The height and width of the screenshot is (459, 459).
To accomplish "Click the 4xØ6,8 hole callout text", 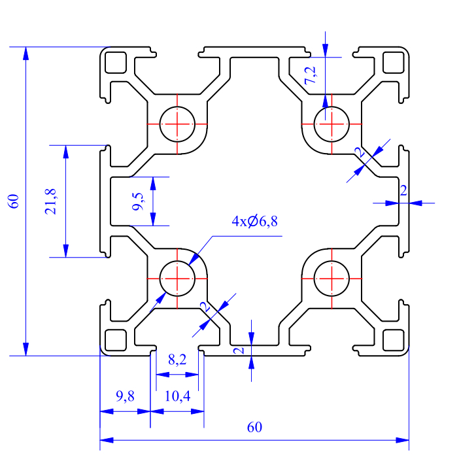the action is (254, 221).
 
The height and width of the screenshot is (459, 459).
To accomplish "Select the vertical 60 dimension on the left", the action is (14, 201).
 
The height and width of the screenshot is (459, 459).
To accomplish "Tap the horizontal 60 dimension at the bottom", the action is (254, 427).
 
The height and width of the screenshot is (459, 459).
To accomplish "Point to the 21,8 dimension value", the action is (50, 201).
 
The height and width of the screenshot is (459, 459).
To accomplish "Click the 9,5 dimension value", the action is (137, 201).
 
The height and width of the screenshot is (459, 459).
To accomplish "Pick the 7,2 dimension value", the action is (310, 75).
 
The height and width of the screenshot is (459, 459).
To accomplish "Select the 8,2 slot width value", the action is (177, 360).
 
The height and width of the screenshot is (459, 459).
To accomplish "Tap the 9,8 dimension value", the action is (125, 396).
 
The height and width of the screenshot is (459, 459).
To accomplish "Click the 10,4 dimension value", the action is (177, 396).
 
